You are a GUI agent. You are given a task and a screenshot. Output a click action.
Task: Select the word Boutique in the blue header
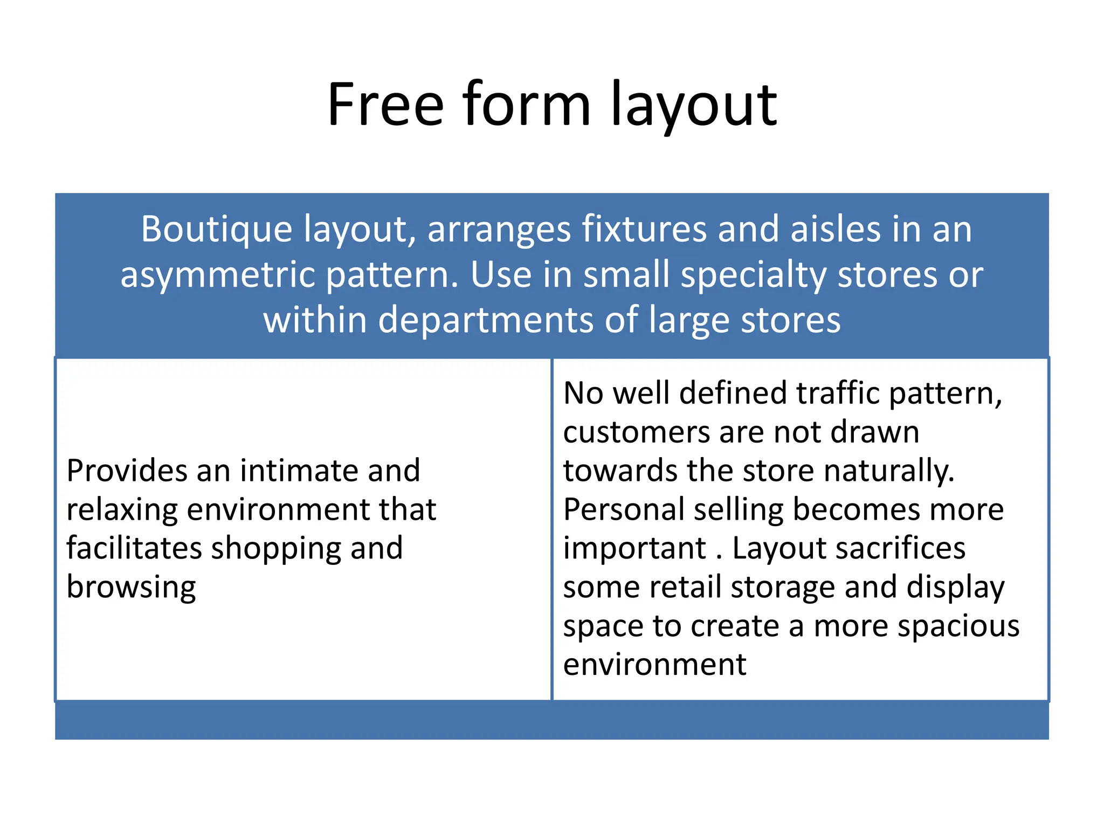click(x=216, y=230)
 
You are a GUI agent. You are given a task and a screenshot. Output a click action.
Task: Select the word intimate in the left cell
click(x=300, y=471)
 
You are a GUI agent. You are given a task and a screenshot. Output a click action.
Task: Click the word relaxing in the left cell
click(x=122, y=510)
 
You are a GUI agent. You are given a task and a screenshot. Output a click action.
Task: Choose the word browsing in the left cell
click(x=131, y=587)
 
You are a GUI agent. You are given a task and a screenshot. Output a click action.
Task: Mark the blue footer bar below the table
click(x=552, y=721)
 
